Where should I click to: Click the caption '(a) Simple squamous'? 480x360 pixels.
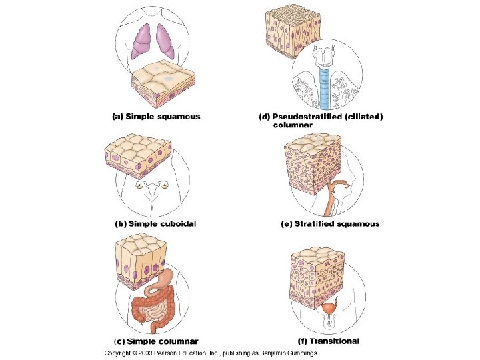click(155, 116)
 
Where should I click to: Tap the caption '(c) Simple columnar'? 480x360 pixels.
click(154, 341)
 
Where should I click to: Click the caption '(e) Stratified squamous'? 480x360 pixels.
click(329, 224)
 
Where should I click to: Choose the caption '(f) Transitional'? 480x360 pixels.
click(329, 341)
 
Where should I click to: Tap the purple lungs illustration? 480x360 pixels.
click(154, 41)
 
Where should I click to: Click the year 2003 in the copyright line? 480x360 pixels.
click(148, 354)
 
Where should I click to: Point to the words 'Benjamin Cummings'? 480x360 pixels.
click(289, 354)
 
